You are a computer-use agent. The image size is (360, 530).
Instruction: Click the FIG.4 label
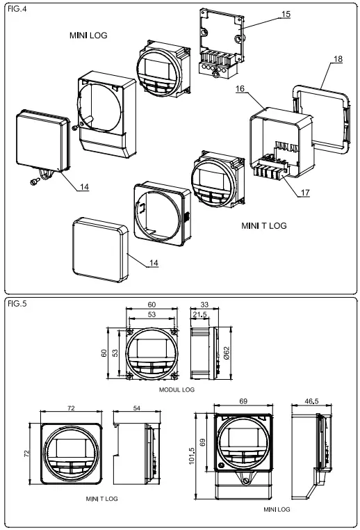pos(15,9)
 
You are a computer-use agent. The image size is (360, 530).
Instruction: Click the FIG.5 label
pos(15,304)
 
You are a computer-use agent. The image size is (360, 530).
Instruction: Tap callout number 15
pos(287,15)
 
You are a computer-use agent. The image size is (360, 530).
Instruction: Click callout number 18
pos(336,61)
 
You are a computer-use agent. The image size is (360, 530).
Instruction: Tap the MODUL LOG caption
pos(177,390)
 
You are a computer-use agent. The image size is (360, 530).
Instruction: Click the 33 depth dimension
pos(204,305)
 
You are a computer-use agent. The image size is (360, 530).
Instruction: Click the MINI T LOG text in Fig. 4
pos(263,225)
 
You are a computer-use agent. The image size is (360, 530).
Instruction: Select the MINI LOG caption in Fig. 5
pos(277,510)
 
